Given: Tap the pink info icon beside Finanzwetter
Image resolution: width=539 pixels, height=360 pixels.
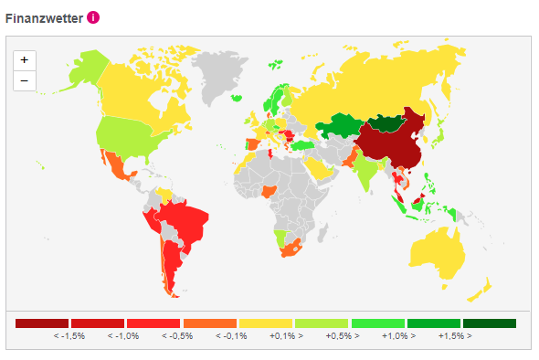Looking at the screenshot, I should pos(93,17).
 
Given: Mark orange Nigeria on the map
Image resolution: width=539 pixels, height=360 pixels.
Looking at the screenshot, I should pos(269,192).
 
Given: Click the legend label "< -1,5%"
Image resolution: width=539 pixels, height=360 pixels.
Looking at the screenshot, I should pos(69,336).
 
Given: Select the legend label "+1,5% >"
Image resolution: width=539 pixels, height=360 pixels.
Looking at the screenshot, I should pos(456,336).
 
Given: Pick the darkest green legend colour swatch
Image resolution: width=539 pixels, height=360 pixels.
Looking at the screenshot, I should pos(490,323).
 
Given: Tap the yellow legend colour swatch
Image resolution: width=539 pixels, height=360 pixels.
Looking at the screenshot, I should pos(265,323).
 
